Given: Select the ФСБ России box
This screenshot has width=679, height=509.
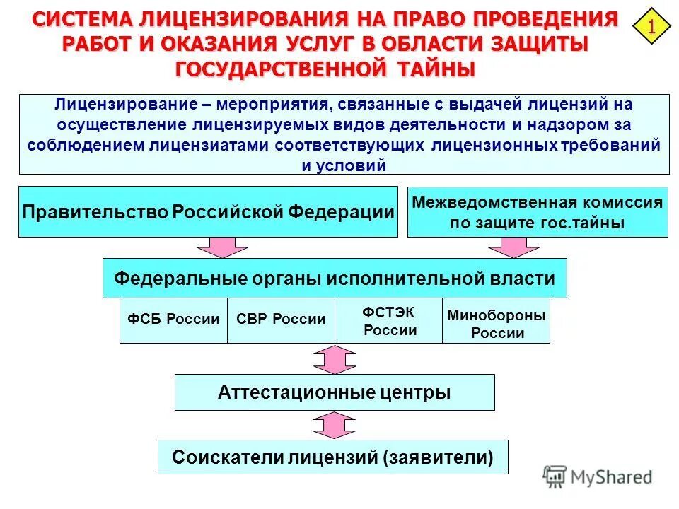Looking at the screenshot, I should pos(173,320).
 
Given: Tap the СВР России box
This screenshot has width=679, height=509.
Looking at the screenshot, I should pos(280,320).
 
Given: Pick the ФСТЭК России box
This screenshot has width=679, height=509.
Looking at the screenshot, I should pos(388,320).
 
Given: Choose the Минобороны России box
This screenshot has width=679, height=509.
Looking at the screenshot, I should pos(496,324).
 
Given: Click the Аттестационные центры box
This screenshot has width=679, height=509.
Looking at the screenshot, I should pos(335,392).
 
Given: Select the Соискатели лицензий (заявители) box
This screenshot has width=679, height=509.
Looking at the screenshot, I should pos(332,457).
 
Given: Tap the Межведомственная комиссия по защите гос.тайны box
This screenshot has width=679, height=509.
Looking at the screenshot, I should pos(538,212).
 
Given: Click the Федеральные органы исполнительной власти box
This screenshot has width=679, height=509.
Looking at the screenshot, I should pos(335,278).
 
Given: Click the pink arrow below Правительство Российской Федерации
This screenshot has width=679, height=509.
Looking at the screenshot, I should pos(222,247).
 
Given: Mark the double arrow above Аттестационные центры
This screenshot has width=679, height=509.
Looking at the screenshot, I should pos(335,359).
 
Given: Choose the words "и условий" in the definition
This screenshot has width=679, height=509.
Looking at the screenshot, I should pos(344,165).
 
